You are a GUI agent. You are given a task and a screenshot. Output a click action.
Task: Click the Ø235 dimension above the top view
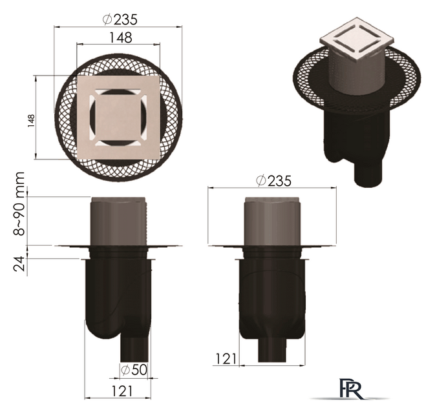click(120, 19)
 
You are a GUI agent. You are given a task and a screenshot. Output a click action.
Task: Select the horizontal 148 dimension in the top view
click(121, 37)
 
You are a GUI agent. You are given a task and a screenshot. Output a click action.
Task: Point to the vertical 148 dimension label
click(31, 121)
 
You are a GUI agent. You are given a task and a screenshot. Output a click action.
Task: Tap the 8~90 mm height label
click(19, 203)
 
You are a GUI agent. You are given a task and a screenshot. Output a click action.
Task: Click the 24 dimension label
click(19, 263)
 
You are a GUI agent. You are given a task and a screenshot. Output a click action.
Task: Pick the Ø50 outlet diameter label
click(134, 370)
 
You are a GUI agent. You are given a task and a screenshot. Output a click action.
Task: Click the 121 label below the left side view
click(122, 391)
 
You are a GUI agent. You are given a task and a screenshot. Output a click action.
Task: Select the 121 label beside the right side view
click(226, 359)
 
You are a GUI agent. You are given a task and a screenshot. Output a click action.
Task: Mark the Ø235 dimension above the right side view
click(273, 181)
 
